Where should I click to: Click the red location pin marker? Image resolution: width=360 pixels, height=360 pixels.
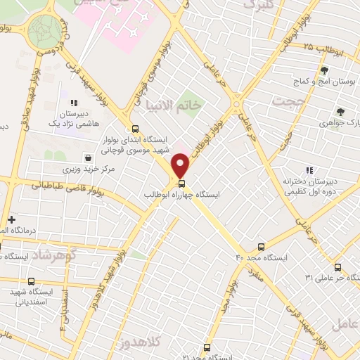(181, 166)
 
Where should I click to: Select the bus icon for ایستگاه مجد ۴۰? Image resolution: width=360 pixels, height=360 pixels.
(262, 247)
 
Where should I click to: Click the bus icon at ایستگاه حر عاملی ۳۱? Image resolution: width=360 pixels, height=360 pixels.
(337, 267)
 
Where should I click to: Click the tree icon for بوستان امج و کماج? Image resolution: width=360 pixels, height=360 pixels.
(324, 70)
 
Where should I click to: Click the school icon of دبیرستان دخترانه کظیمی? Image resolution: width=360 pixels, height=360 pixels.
(309, 169)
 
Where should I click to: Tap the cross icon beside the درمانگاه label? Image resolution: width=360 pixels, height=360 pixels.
(11, 219)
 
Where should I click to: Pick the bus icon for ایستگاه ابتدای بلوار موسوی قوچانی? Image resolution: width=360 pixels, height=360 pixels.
(135, 129)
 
